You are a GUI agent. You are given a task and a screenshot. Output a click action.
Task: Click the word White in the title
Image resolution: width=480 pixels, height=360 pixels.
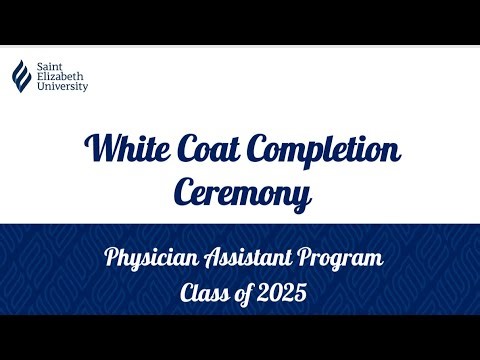tap(128, 151)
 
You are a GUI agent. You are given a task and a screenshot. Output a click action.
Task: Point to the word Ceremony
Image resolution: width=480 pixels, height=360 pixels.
tap(239, 192)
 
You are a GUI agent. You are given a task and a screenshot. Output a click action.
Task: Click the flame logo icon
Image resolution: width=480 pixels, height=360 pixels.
tap(20, 74)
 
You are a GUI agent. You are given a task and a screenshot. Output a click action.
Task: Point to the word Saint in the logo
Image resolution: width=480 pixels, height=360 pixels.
tap(50, 64)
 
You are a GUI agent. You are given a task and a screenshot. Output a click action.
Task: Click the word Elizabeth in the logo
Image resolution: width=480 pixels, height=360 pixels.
tap(60, 75)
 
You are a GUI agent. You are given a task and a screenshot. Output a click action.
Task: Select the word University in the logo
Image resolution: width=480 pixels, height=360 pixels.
tap(62, 86)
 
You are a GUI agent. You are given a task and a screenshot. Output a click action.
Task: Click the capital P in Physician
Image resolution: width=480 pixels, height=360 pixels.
tap(112, 260)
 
